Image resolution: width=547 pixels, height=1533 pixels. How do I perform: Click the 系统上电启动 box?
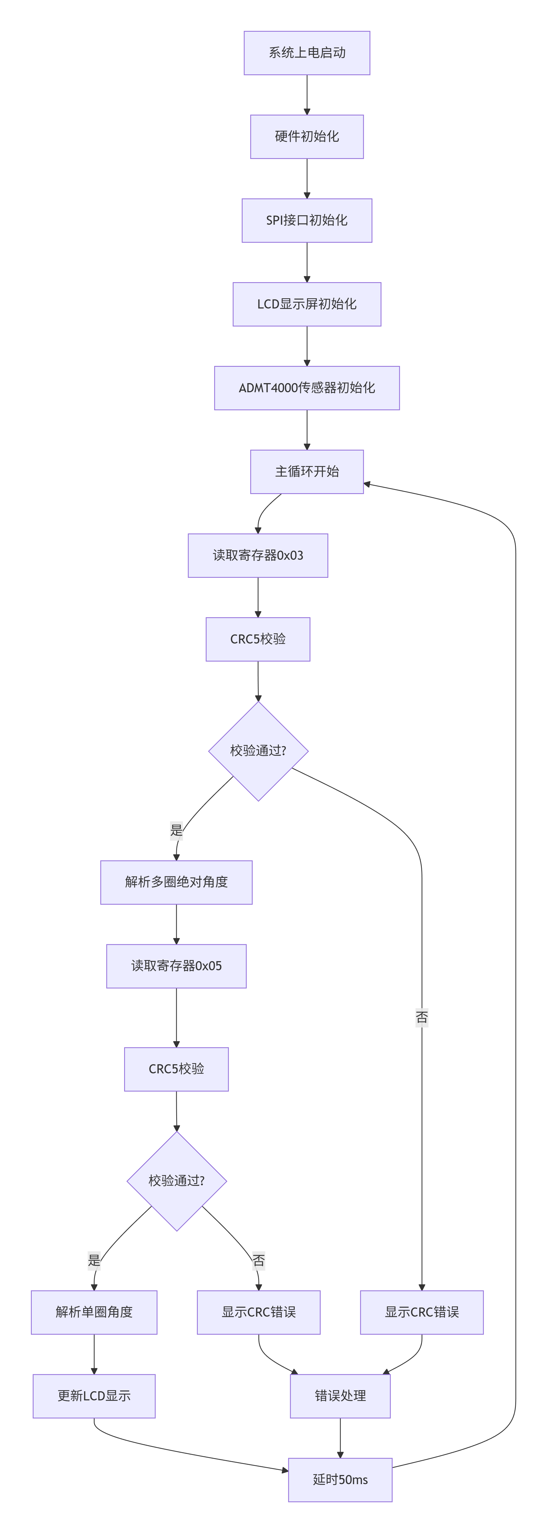[307, 53]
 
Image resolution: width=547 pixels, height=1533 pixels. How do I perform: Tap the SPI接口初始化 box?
[307, 220]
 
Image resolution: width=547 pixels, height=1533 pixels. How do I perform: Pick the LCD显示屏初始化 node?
[307, 304]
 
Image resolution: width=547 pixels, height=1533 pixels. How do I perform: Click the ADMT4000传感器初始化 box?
[307, 388]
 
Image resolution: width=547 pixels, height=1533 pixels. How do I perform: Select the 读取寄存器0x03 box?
[258, 555]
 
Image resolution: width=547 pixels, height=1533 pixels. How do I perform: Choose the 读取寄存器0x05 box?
[176, 966]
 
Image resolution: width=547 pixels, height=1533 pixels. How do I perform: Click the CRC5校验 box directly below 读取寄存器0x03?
[258, 639]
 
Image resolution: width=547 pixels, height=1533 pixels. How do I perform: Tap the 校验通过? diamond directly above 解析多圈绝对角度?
[258, 751]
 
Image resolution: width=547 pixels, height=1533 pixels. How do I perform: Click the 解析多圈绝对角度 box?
[176, 882]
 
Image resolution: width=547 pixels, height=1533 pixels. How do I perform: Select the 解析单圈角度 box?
[94, 1312]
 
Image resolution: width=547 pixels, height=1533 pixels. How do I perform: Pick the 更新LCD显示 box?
[94, 1396]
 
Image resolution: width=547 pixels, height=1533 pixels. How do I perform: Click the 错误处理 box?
[340, 1396]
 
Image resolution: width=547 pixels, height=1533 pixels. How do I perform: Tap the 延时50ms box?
[340, 1480]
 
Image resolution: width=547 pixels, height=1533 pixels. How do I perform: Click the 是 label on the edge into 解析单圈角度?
[94, 1260]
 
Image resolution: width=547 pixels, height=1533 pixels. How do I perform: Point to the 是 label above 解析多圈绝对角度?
[176, 830]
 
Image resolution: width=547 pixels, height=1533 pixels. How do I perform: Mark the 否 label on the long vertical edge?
[422, 1018]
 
